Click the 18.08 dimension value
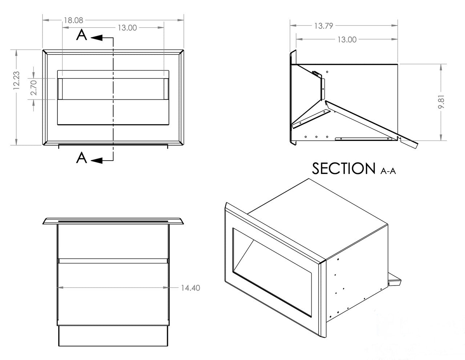tap(73, 20)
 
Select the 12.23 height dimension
tap(16, 81)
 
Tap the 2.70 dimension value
tap(33, 88)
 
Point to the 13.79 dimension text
tap(324, 26)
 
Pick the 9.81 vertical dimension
tap(441, 102)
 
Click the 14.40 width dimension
tap(190, 288)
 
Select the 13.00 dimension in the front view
tap(127, 28)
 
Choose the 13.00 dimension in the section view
tap(347, 40)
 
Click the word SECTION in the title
tap(343, 168)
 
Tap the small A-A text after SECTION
tap(388, 171)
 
